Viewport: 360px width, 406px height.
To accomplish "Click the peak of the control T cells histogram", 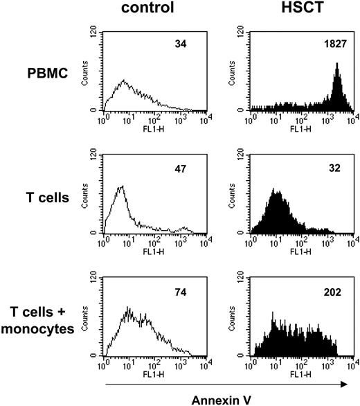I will tap(121, 186).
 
